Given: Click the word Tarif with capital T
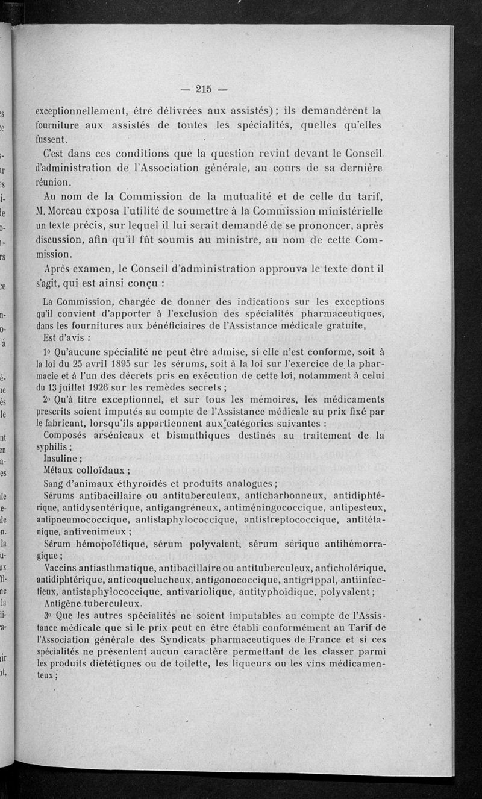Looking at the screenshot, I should click(x=367, y=627).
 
